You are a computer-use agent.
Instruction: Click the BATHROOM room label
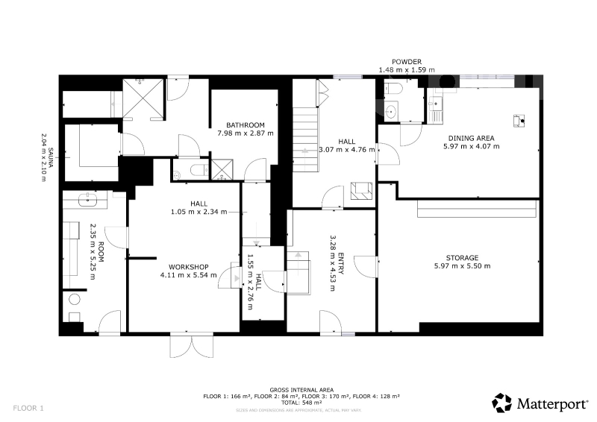(x=246, y=125)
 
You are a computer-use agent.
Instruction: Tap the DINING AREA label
(x=471, y=138)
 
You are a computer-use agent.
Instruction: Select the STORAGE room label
(x=462, y=258)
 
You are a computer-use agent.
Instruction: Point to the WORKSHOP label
(x=189, y=267)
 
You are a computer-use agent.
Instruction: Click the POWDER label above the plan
(x=407, y=62)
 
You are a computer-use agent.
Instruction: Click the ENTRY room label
(x=341, y=263)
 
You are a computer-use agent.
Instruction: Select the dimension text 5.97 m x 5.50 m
(x=462, y=266)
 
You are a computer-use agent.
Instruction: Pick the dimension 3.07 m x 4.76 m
(x=346, y=150)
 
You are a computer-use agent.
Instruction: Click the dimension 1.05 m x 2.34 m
(x=199, y=212)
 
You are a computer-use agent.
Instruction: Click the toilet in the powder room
(x=393, y=89)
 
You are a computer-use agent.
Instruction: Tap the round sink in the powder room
(x=390, y=112)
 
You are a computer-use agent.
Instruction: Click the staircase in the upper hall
(x=305, y=139)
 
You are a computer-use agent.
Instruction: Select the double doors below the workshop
(x=192, y=346)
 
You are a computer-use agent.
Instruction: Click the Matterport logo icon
(x=501, y=403)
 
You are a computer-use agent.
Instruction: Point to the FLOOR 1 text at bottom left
(x=28, y=409)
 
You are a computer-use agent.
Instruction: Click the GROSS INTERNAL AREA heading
(x=301, y=390)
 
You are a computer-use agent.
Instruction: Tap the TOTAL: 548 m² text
(x=301, y=402)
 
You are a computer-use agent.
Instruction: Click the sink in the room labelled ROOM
(x=87, y=199)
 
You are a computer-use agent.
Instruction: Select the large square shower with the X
(x=143, y=98)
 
